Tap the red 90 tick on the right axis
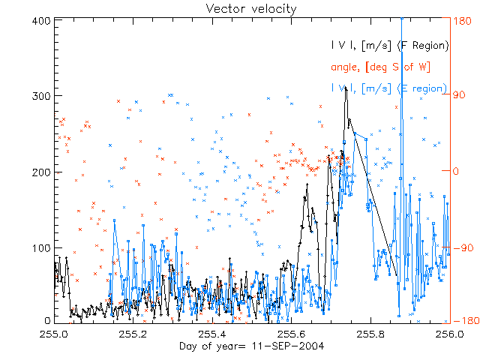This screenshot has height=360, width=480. [459, 96]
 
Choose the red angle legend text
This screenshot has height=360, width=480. [380, 67]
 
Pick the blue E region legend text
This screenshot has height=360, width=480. [389, 88]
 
